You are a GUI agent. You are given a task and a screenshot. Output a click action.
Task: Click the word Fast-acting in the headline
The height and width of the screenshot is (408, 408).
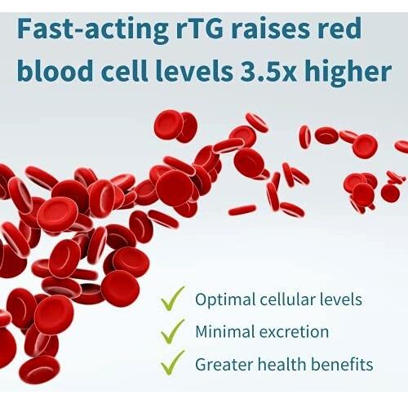pyautogui.click(x=94, y=30)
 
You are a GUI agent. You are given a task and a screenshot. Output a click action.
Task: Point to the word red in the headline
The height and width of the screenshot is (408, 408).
pyautogui.click(x=339, y=28)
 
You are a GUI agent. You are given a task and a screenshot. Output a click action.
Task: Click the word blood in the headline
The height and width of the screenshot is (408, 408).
pyautogui.click(x=55, y=70)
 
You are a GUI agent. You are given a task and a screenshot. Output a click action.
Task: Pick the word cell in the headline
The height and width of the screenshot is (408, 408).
pyautogui.click(x=124, y=70)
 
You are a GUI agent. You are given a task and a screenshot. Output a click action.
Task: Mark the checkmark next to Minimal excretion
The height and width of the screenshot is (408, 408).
pyautogui.click(x=172, y=331)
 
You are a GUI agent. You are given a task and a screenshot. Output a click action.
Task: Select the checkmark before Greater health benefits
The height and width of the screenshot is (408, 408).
pyautogui.click(x=172, y=363)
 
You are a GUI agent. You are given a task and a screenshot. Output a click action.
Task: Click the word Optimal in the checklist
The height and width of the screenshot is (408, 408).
pyautogui.click(x=224, y=300)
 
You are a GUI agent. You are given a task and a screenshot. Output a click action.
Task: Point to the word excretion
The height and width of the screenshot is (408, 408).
pyautogui.click(x=294, y=332)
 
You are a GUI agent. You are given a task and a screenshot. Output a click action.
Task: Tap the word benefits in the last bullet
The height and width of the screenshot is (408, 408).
pyautogui.click(x=342, y=364)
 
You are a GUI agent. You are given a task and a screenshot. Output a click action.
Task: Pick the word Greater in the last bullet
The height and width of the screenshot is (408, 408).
pyautogui.click(x=224, y=365)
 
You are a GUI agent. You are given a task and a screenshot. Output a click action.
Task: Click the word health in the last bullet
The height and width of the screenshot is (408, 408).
pyautogui.click(x=282, y=364)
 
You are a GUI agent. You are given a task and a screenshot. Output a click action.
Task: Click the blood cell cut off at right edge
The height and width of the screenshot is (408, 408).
pyautogui.click(x=402, y=146)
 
